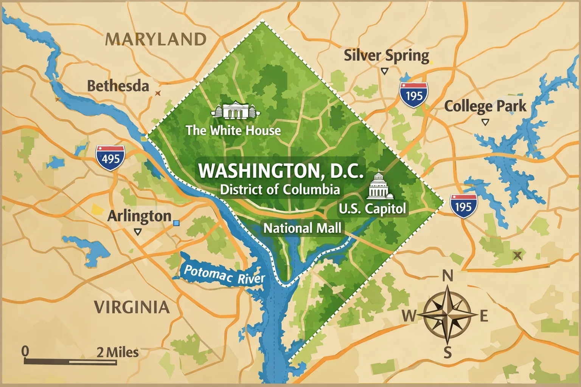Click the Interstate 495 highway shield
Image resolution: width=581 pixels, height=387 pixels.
click(110, 157)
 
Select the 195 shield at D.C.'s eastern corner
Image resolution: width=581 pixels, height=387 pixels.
click(463, 206)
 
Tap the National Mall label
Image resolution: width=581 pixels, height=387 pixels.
click(302, 228)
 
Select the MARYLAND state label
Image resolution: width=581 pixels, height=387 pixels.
click(155, 39)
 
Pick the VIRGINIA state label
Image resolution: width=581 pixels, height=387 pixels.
click(132, 307)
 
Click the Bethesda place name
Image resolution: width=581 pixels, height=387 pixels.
click(118, 86)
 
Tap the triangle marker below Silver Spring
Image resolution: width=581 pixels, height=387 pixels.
click(385, 71)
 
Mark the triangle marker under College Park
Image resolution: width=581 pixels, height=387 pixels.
click(485, 122)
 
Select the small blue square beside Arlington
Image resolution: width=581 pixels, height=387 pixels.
click(176, 223)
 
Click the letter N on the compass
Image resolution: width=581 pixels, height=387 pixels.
click(447, 276)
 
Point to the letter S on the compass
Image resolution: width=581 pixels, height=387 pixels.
click(447, 353)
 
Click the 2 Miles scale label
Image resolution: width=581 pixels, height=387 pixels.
click(118, 352)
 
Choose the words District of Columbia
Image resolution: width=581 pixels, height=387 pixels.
click(280, 189)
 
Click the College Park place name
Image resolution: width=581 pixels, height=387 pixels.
click(485, 106)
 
